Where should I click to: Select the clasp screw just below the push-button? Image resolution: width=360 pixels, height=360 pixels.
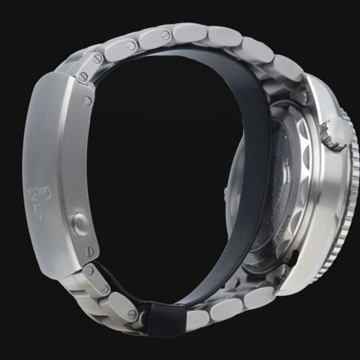click(89, 251)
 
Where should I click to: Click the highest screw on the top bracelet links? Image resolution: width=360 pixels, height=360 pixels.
click(166, 35)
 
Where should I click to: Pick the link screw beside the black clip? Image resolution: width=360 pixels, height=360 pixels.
click(132, 314)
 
